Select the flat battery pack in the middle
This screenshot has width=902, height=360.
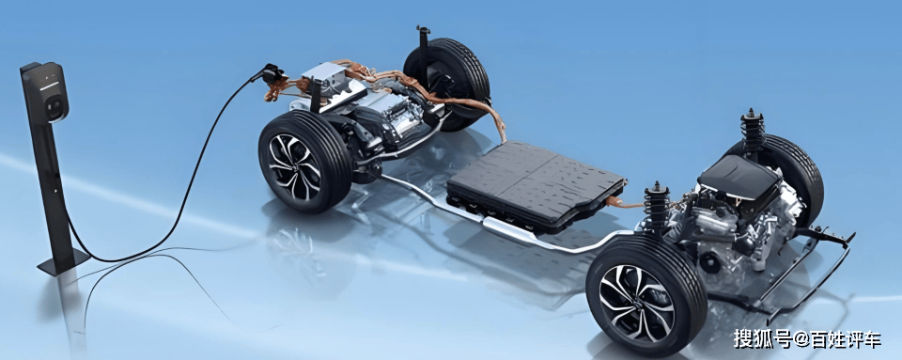[x=537, y=184]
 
